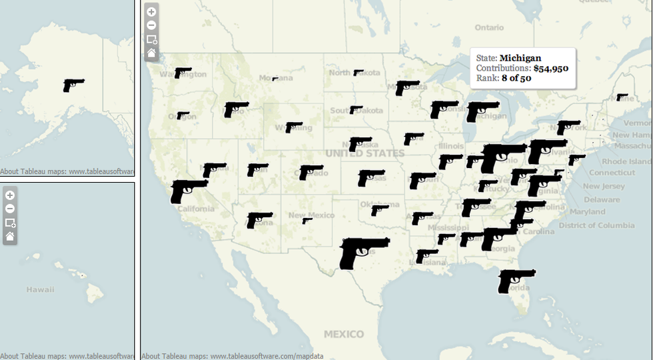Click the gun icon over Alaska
[x=73, y=85]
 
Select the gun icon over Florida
[x=515, y=279]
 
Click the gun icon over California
[x=187, y=190]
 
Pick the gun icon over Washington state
[x=183, y=72]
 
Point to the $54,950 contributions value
[x=550, y=69]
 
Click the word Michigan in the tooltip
[x=520, y=58]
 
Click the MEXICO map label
[x=344, y=334]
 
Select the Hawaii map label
[x=40, y=289]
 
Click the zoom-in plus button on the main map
[x=151, y=12]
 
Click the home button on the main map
[x=151, y=53]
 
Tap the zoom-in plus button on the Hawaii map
[x=10, y=195]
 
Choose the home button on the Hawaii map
[x=10, y=237]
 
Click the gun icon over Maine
[x=622, y=97]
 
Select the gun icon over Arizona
[x=259, y=219]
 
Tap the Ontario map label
[x=489, y=27]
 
